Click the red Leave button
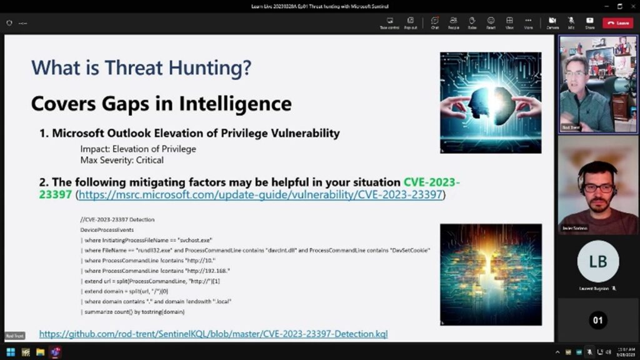pyautogui.click(x=617, y=23)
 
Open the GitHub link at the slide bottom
pyautogui.click(x=213, y=334)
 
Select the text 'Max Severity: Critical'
pyautogui.click(x=122, y=160)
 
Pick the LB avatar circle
pyautogui.click(x=598, y=261)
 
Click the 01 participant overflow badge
pyautogui.click(x=598, y=321)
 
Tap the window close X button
pyautogui.click(x=632, y=6)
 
